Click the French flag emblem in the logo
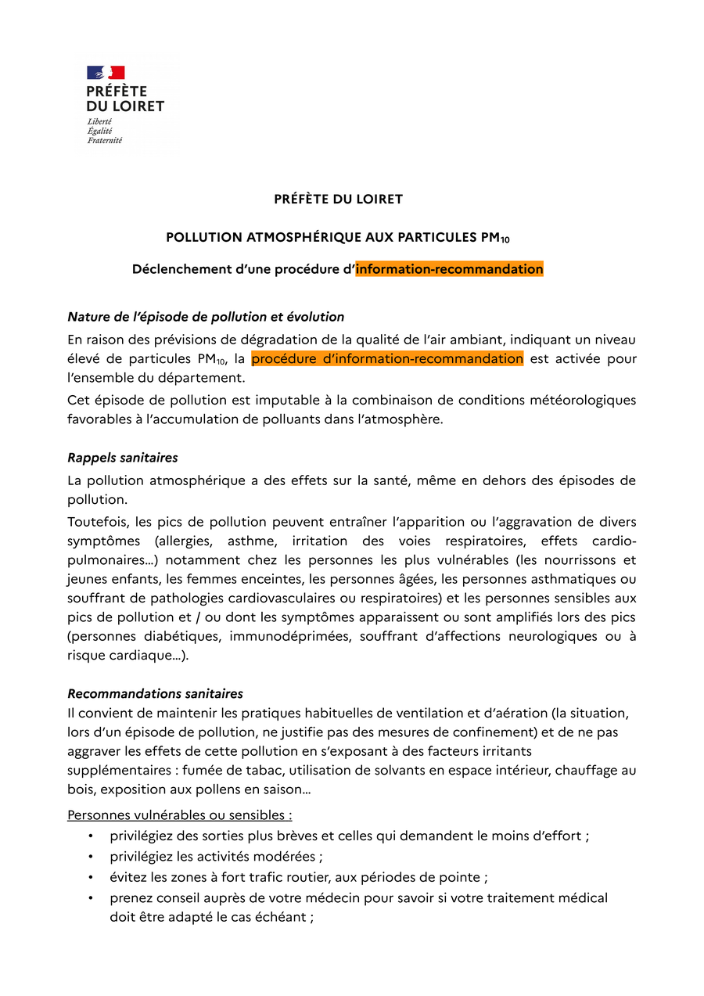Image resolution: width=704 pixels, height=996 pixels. pos(106,73)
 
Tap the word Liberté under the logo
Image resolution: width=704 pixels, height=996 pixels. pos(99,121)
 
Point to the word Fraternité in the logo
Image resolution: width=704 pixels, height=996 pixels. pos(105,141)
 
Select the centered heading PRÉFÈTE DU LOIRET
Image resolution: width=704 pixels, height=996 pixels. pos(338,200)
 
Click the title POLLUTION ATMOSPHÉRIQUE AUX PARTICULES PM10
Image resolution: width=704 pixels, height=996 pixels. pos(338,237)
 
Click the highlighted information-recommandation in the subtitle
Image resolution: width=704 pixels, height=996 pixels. pos(449,269)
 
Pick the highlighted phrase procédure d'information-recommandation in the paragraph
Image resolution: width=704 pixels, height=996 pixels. pos(387,359)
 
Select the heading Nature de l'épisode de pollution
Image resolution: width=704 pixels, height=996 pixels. pos(206,317)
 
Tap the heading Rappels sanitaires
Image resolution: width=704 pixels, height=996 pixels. pos(122,457)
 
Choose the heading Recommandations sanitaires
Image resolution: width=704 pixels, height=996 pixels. pos(155,693)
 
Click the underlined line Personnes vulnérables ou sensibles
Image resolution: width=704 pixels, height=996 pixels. pos(180,815)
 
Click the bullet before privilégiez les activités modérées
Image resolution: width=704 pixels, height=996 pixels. pos(92,857)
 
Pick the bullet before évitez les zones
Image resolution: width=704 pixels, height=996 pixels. pos(92,878)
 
